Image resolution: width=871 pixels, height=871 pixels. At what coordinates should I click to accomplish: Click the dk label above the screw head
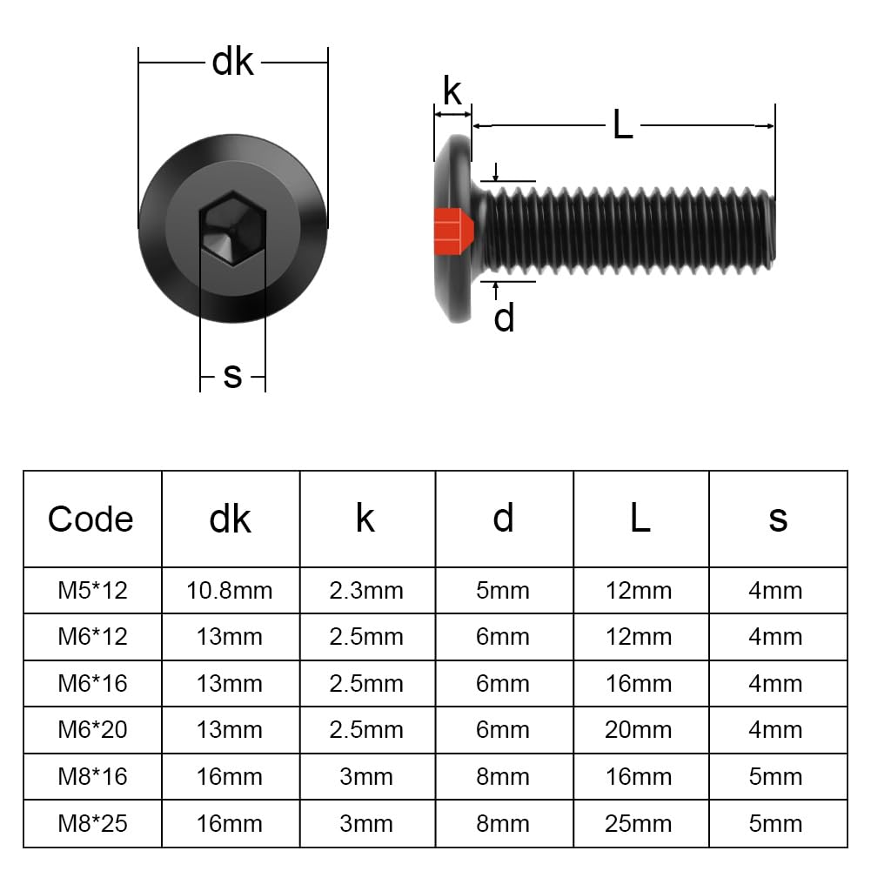(232, 62)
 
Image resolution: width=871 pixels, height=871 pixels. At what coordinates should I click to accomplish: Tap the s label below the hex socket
(232, 376)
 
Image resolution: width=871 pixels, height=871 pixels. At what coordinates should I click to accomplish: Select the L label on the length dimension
(623, 125)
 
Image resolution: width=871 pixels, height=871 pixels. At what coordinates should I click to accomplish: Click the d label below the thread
(505, 318)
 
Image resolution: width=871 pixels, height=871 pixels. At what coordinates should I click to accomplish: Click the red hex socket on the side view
(453, 231)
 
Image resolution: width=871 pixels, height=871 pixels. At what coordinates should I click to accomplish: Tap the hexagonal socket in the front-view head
(232, 229)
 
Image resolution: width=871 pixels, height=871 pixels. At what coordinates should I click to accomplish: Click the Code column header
(90, 519)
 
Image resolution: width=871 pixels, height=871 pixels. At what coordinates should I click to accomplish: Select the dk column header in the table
(230, 519)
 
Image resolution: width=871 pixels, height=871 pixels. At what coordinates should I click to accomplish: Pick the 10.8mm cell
(230, 591)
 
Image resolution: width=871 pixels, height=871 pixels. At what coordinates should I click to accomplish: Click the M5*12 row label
(93, 591)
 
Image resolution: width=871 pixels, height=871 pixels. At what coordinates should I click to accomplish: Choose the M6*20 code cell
(93, 729)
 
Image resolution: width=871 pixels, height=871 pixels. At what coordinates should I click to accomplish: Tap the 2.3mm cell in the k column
(366, 591)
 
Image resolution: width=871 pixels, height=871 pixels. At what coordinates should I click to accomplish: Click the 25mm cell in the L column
(639, 824)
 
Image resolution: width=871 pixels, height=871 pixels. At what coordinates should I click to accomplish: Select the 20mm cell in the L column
(639, 729)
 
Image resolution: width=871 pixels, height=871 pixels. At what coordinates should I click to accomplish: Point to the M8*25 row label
(93, 824)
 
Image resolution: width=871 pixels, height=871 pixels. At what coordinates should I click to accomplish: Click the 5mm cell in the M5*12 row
(503, 591)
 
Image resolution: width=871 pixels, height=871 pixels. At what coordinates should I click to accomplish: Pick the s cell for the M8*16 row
(775, 776)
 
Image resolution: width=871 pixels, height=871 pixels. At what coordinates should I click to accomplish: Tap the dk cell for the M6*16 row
(230, 683)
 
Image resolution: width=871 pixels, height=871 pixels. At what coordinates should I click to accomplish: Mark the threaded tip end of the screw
(774, 231)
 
